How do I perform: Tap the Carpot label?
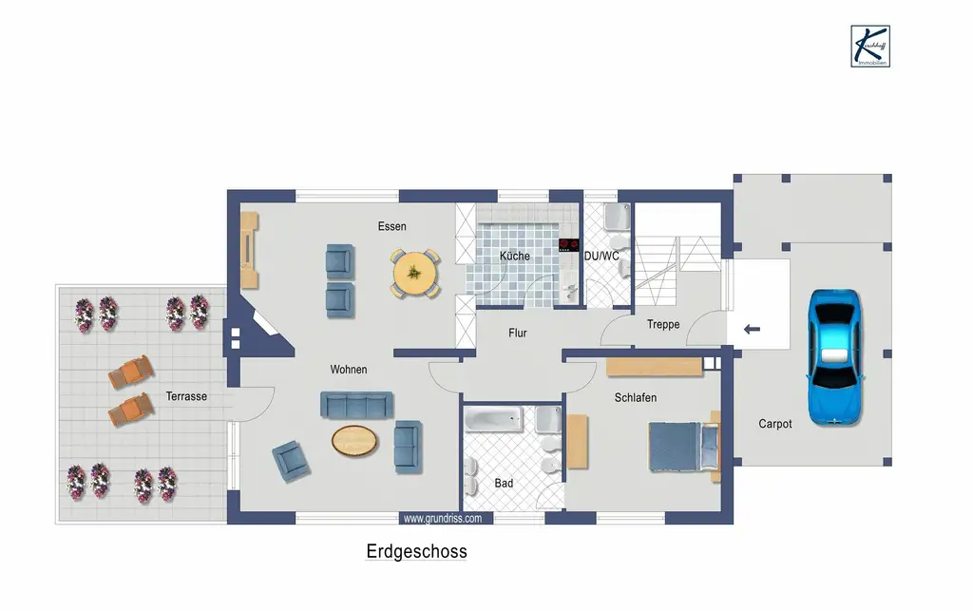[x=774, y=424]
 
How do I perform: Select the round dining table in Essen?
[x=415, y=274]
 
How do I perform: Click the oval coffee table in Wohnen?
[x=353, y=439]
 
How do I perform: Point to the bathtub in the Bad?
[x=492, y=418]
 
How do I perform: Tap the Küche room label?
[x=514, y=257]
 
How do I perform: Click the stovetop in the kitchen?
[x=569, y=244]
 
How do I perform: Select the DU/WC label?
[x=601, y=257]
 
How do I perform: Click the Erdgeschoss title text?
[x=416, y=552]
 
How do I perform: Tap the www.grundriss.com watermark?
[x=443, y=519]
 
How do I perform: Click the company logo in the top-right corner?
[x=870, y=45]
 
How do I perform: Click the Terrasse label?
[x=186, y=397]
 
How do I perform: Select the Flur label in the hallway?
[x=518, y=334]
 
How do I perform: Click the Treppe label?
[x=663, y=325]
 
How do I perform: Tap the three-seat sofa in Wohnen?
[x=356, y=405]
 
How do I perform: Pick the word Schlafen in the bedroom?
[x=635, y=398]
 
